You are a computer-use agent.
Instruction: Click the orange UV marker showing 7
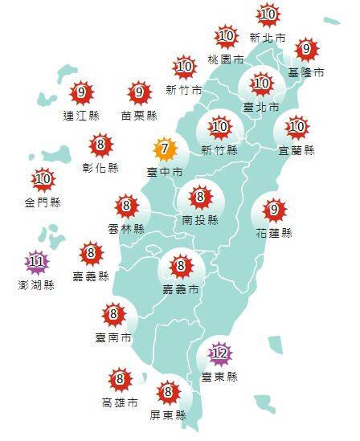coord(164,149)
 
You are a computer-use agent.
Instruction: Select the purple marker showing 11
coord(35,261)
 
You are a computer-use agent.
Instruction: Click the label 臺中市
coord(164,172)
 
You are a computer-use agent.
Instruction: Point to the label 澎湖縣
coord(37,284)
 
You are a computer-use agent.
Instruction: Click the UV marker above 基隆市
coord(305,50)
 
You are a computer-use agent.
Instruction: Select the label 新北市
coord(268,37)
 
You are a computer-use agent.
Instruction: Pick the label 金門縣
coord(43,202)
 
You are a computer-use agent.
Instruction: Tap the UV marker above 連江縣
coord(80,93)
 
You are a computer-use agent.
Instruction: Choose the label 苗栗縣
coord(139,116)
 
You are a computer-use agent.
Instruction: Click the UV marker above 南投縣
coord(200,195)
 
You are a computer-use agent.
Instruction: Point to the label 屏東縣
coord(168,415)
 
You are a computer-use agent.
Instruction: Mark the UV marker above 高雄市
coord(120,378)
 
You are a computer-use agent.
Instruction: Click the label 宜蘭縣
coord(297,149)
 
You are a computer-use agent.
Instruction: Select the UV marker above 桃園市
coord(226,36)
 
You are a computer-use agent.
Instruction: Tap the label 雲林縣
coord(127,228)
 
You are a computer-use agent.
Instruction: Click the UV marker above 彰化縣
coord(101,145)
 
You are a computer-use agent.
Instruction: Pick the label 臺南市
coord(113,337)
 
